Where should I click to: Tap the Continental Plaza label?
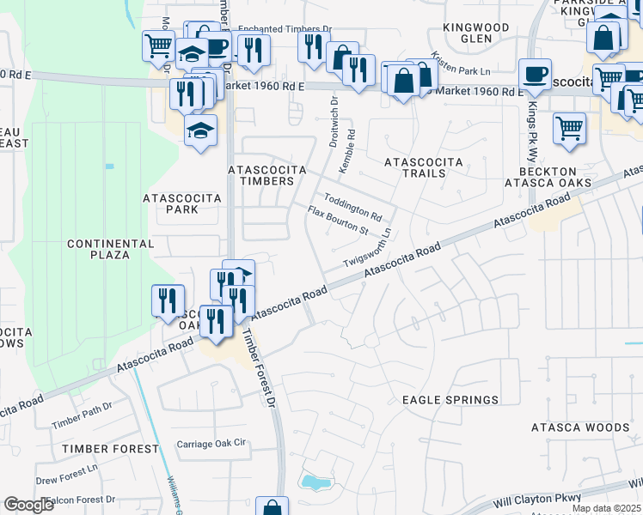[x=111, y=249]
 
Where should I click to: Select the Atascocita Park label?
[x=181, y=203]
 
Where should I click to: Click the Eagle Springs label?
[x=450, y=400]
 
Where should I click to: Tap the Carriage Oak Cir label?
[x=211, y=444]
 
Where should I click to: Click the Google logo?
[x=28, y=505]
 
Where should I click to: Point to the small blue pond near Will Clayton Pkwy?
[x=314, y=482]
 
